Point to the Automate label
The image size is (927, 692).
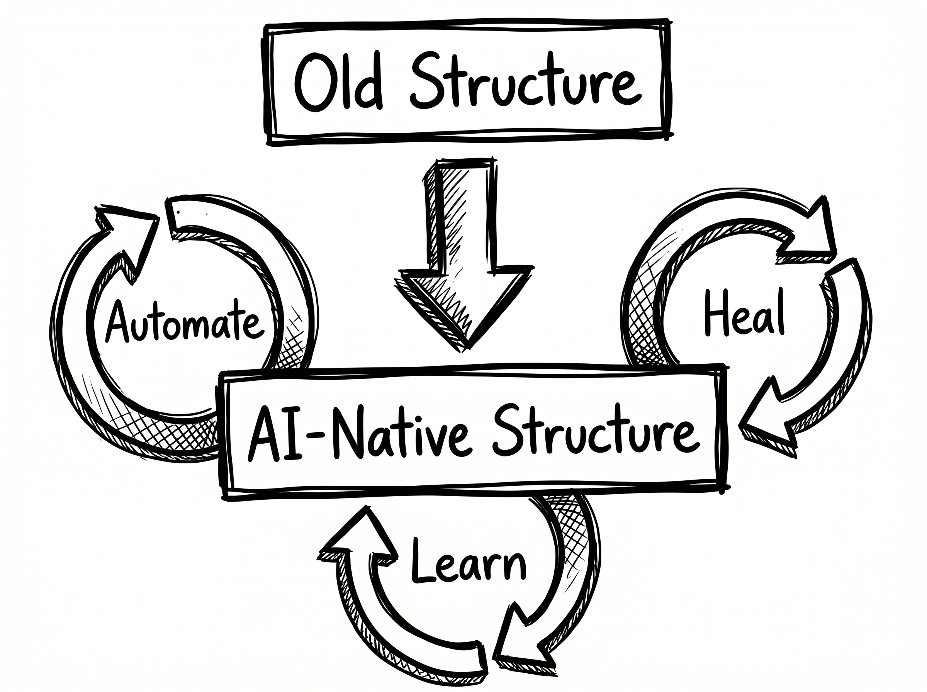(x=184, y=323)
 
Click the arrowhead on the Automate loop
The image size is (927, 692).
(x=126, y=239)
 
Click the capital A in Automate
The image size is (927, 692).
(x=119, y=322)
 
